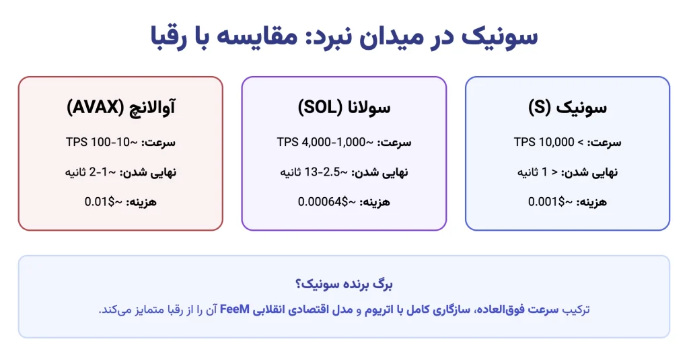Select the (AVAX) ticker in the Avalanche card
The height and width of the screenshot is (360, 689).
[x=96, y=107]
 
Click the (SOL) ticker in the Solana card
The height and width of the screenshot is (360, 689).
[x=320, y=107]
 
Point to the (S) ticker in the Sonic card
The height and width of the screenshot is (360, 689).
[x=539, y=107]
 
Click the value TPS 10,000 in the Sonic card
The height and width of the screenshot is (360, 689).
[x=544, y=142]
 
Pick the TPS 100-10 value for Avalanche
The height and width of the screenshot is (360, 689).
[x=98, y=142]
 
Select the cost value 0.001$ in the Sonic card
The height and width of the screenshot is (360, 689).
[x=546, y=202]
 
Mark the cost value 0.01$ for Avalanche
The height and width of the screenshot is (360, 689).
[x=100, y=202]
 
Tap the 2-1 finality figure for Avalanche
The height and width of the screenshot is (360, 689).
[x=98, y=172]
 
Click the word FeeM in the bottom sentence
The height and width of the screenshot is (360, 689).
[x=235, y=309]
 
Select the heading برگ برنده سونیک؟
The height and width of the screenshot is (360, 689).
[x=344, y=284]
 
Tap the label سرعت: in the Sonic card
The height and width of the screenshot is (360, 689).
[x=604, y=143]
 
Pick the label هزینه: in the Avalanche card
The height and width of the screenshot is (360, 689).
[x=141, y=202]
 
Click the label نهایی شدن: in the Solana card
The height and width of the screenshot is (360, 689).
[x=379, y=172]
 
